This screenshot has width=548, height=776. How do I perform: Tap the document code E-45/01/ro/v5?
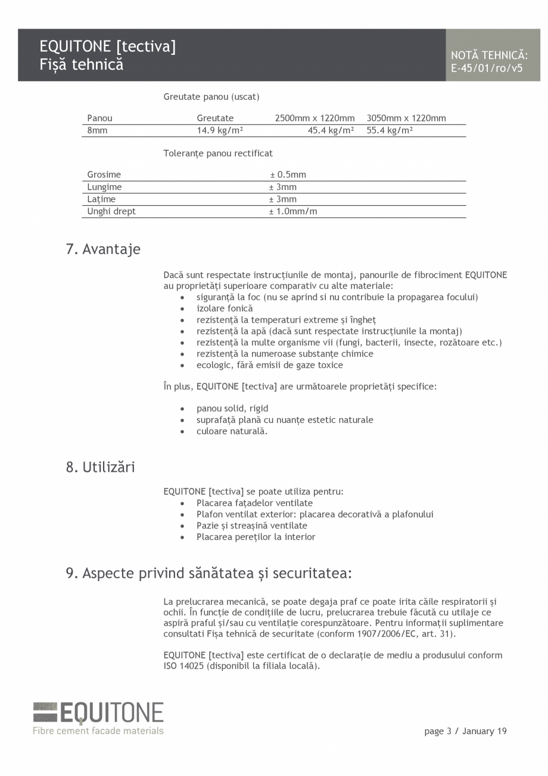[x=486, y=68]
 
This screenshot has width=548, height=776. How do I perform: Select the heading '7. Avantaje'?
[x=103, y=249]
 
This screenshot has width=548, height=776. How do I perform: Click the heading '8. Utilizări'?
[x=100, y=467]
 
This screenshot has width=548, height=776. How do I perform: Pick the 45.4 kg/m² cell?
[x=331, y=131]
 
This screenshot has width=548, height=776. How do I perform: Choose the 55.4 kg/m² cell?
[x=390, y=131]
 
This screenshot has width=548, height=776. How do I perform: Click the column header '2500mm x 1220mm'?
[x=315, y=118]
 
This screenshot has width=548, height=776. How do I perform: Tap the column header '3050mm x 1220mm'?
[x=406, y=118]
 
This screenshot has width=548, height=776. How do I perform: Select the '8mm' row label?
[x=97, y=131]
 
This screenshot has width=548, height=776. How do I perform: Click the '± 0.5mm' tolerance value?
[x=288, y=175]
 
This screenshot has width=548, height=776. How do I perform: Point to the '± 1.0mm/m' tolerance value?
[x=293, y=211]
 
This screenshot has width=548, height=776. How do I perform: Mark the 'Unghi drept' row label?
[x=111, y=211]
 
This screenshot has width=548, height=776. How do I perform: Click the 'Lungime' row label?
[x=104, y=187]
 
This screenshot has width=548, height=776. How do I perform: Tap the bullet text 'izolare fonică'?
[x=225, y=308]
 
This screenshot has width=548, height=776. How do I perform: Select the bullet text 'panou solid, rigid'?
[x=232, y=409]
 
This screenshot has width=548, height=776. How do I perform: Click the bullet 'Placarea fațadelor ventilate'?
[x=254, y=503]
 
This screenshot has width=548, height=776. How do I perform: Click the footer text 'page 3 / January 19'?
[x=465, y=731]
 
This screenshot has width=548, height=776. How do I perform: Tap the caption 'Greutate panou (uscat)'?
[x=211, y=97]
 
